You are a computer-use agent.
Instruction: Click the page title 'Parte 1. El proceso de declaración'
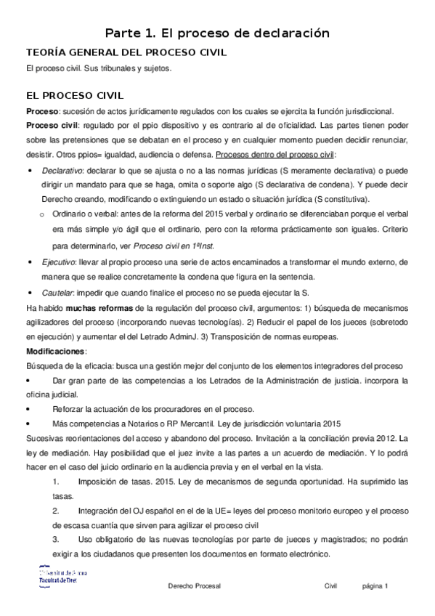217,33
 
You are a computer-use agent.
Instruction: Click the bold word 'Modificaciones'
56,352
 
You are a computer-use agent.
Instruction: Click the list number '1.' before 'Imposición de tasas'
56,482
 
